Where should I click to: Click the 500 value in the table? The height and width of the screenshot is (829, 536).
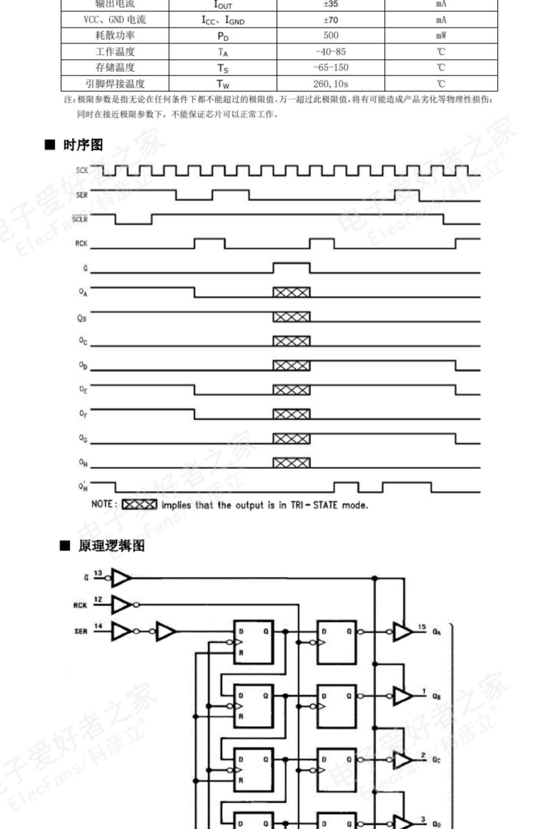[x=331, y=35]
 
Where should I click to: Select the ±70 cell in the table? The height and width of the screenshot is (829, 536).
[x=331, y=20]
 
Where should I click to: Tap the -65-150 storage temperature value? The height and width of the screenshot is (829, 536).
[x=331, y=67]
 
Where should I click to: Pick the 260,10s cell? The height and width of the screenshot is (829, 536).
[x=331, y=84]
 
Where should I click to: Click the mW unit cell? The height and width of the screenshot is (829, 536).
[x=441, y=35]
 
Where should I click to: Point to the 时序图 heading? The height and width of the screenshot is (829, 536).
[x=83, y=145]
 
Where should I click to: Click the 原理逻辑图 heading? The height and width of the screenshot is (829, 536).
[x=111, y=546]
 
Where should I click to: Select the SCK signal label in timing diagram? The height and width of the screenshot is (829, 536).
[x=82, y=170]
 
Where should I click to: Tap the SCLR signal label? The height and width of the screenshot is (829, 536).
[x=80, y=219]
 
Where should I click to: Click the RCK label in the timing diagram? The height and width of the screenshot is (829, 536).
[x=81, y=243]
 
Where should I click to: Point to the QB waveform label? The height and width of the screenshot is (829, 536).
[x=82, y=318]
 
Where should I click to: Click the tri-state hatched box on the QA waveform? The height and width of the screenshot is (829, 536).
[x=292, y=292]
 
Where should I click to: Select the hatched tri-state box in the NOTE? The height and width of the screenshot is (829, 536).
[x=139, y=505]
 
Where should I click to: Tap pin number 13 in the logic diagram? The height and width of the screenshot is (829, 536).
[x=98, y=573]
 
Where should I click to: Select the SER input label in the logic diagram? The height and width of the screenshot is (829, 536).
[x=81, y=631]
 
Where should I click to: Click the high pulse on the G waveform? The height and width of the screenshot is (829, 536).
[x=292, y=267]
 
